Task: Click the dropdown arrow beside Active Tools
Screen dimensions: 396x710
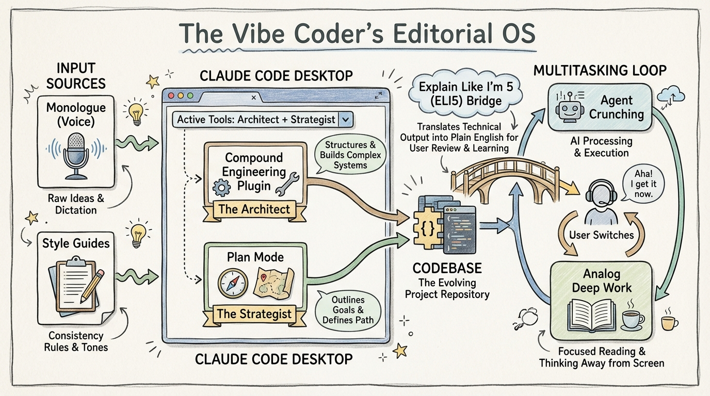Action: pyautogui.click(x=346, y=120)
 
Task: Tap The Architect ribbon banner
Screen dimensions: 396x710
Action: pyautogui.click(x=254, y=209)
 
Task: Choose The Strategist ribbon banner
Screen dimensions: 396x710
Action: pyautogui.click(x=254, y=313)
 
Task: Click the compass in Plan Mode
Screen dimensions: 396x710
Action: pyautogui.click(x=229, y=283)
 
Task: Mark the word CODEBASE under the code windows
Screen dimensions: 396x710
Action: pyautogui.click(x=447, y=269)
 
